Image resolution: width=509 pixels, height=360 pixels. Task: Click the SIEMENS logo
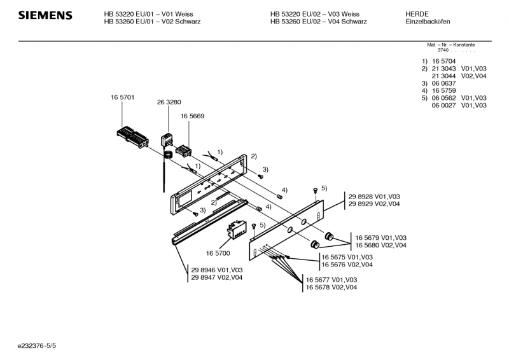(45, 15)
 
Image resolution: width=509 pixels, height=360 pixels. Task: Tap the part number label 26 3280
(169, 102)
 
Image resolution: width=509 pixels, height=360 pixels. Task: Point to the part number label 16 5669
(192, 116)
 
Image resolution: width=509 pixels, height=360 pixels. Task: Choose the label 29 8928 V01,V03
(374, 197)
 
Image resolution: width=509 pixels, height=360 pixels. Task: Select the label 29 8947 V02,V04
(216, 278)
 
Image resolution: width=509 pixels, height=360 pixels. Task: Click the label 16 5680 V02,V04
(380, 245)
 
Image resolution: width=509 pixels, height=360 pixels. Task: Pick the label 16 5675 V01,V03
(347, 257)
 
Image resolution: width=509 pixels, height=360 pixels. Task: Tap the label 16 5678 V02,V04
(331, 287)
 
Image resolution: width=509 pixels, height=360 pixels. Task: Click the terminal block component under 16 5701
(132, 135)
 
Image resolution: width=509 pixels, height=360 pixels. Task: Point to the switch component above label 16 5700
(239, 229)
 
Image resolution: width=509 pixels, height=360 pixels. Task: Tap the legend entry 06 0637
(443, 83)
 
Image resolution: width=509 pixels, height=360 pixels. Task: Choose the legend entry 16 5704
(443, 60)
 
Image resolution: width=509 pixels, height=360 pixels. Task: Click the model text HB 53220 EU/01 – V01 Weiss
(149, 13)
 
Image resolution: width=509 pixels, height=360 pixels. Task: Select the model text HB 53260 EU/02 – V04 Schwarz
(314, 22)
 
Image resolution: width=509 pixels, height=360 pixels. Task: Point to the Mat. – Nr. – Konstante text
(450, 45)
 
